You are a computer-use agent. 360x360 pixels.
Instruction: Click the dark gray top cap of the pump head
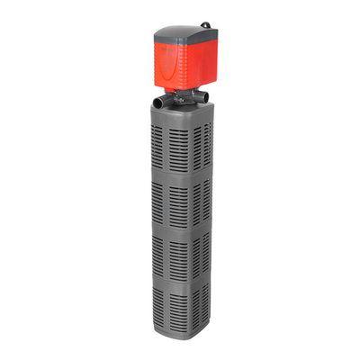184,34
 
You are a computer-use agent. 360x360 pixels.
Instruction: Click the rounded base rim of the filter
175,343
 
